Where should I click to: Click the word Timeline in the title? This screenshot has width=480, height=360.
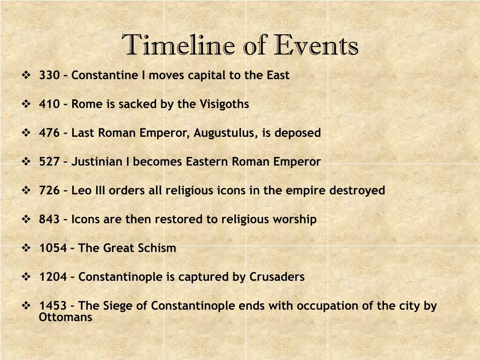178,45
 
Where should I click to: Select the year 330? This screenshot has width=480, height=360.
49,75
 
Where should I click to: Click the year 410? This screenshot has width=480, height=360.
49,104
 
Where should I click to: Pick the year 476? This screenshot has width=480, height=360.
49,133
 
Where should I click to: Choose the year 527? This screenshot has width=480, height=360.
49,162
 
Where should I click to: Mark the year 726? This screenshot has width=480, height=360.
49,190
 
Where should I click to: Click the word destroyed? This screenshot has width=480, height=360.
357,191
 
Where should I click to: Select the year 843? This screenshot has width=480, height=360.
49,219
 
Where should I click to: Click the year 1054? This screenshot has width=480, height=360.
53,248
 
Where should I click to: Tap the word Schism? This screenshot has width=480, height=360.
157,248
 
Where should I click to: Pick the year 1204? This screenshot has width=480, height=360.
53,277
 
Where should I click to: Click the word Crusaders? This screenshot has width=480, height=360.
277,277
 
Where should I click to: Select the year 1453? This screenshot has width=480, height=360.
53,306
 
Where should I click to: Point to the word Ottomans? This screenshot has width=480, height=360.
66,317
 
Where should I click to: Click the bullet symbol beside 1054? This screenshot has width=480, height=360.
26,247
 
